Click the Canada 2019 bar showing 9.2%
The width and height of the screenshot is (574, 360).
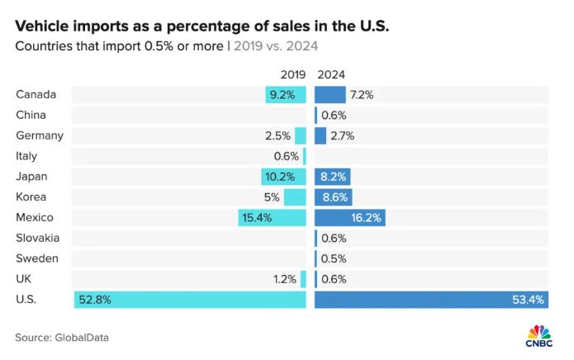pyautogui.click(x=286, y=94)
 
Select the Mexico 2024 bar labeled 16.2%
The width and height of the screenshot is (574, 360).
pyautogui.click(x=350, y=218)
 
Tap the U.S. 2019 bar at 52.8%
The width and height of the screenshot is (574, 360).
pyautogui.click(x=190, y=300)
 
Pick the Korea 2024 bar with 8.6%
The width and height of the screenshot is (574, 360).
pyautogui.click(x=334, y=197)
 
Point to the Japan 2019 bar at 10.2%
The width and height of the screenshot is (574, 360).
pyautogui.click(x=284, y=177)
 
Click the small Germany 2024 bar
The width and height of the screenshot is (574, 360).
pyautogui.click(x=320, y=135)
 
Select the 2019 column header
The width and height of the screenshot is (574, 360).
pyautogui.click(x=293, y=74)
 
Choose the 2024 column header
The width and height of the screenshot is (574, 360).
pyautogui.click(x=331, y=74)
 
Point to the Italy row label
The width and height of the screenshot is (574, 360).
pyautogui.click(x=26, y=156)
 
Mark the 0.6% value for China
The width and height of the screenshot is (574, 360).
pyautogui.click(x=334, y=115)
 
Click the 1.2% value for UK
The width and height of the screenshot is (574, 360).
pyautogui.click(x=285, y=279)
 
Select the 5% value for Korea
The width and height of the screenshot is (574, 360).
pyautogui.click(x=272, y=197)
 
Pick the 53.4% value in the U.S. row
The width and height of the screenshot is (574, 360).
pyautogui.click(x=527, y=300)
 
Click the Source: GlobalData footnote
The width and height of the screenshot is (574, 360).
pyautogui.click(x=62, y=337)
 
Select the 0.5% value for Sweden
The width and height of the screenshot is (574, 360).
pyautogui.click(x=334, y=258)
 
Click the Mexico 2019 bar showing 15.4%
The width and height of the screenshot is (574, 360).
pyautogui.click(x=273, y=218)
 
